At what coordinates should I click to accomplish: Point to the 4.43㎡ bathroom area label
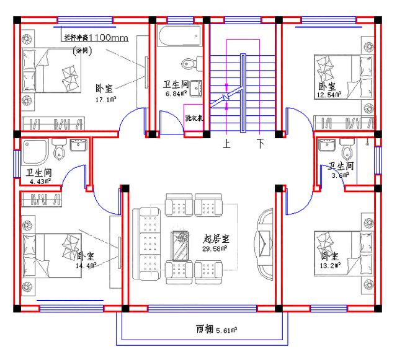[x=38, y=181]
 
